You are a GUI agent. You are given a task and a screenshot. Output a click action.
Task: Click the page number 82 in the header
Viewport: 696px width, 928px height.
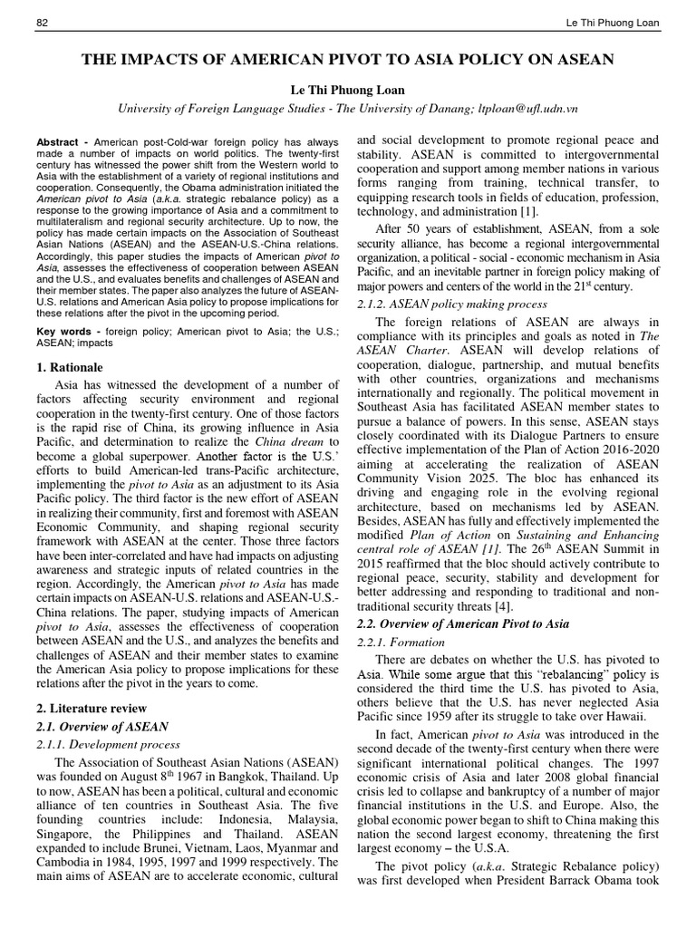coord(41,23)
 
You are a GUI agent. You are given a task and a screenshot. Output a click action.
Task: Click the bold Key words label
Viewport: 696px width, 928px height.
coord(63,332)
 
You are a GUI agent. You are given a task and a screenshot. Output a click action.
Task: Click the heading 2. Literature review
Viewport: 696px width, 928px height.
coord(92,708)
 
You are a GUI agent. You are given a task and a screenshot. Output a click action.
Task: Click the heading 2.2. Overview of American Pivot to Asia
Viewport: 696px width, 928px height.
coord(460,623)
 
